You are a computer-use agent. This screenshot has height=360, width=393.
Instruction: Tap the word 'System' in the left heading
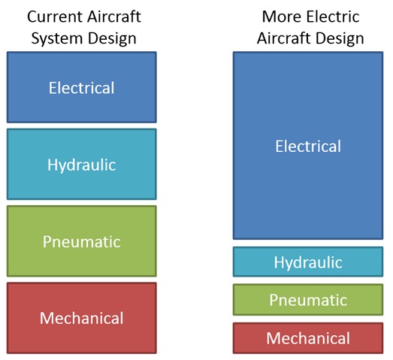pos(56,38)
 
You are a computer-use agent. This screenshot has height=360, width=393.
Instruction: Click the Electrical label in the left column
pos(81,88)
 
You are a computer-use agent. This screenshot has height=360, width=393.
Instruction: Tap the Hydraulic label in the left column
pos(82,165)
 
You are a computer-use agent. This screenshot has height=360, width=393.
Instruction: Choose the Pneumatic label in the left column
pos(82,242)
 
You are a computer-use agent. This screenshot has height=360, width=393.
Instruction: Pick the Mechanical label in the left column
pos(82,318)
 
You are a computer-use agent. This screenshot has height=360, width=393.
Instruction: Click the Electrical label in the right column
pos(308,146)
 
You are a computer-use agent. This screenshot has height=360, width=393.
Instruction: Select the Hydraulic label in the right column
pos(308,262)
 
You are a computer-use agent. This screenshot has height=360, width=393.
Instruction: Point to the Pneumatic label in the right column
pos(308,300)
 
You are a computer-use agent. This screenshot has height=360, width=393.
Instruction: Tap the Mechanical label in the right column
pos(308,338)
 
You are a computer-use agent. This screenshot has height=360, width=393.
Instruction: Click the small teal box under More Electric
pos(308,262)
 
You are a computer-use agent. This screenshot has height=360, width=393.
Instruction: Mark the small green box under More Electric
pos(308,300)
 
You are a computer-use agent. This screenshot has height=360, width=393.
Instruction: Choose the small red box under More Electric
pos(308,338)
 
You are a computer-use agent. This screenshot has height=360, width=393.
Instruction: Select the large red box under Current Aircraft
pos(82,318)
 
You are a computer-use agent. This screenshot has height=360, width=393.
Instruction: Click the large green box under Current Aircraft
pos(82,241)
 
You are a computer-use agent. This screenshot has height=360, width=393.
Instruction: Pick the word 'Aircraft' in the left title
pos(114,17)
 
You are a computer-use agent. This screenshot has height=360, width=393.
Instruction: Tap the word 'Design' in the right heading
pos(340,38)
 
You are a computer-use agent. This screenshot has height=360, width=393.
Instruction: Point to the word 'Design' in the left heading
pos(112,38)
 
